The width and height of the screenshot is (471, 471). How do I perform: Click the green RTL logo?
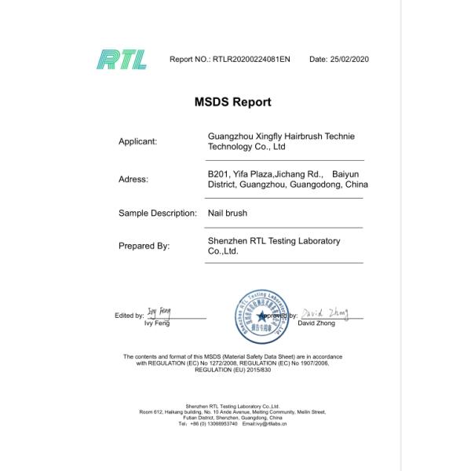tap(122, 59)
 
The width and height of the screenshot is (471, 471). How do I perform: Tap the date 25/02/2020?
tap(339, 60)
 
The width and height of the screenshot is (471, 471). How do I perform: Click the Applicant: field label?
tap(138, 142)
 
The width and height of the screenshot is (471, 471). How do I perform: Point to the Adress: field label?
tap(133, 179)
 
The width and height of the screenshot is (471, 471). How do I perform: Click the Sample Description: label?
tap(157, 213)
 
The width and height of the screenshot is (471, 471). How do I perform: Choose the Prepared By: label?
tap(144, 246)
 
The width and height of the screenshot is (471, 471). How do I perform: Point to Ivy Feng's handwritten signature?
tap(159, 312)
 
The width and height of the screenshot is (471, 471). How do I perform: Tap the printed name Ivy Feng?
tap(157, 323)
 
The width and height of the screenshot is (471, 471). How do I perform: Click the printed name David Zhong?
tap(317, 323)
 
